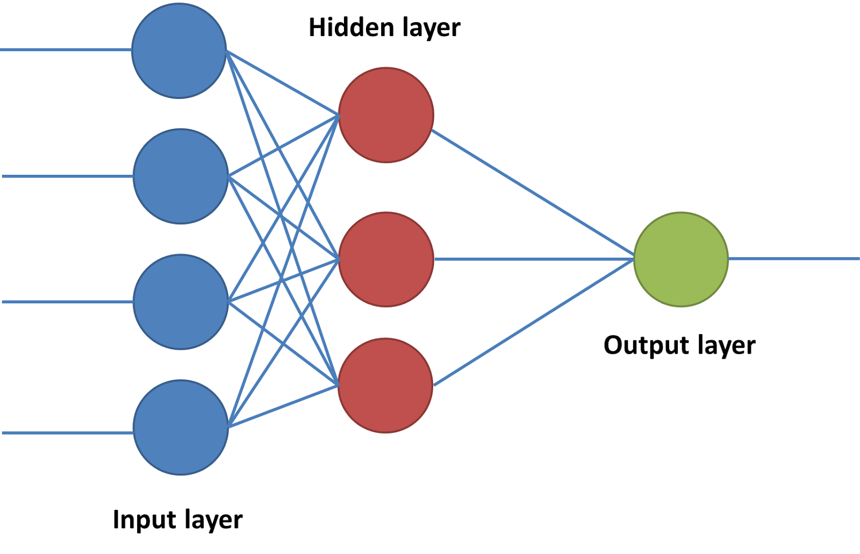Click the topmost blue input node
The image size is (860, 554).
tap(179, 51)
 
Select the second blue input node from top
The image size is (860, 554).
tap(181, 176)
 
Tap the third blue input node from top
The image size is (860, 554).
tap(181, 302)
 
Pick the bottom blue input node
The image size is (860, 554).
tap(181, 428)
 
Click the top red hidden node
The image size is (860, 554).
tap(386, 115)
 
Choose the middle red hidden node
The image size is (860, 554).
tap(386, 259)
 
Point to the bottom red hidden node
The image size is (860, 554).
tap(385, 385)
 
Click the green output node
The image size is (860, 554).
tap(681, 259)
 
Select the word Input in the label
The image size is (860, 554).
tap(144, 520)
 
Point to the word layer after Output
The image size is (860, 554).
tap(726, 345)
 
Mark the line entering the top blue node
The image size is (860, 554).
tap(64, 50)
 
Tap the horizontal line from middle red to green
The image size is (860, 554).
tap(532, 259)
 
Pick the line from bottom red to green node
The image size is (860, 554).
tap(532, 323)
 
